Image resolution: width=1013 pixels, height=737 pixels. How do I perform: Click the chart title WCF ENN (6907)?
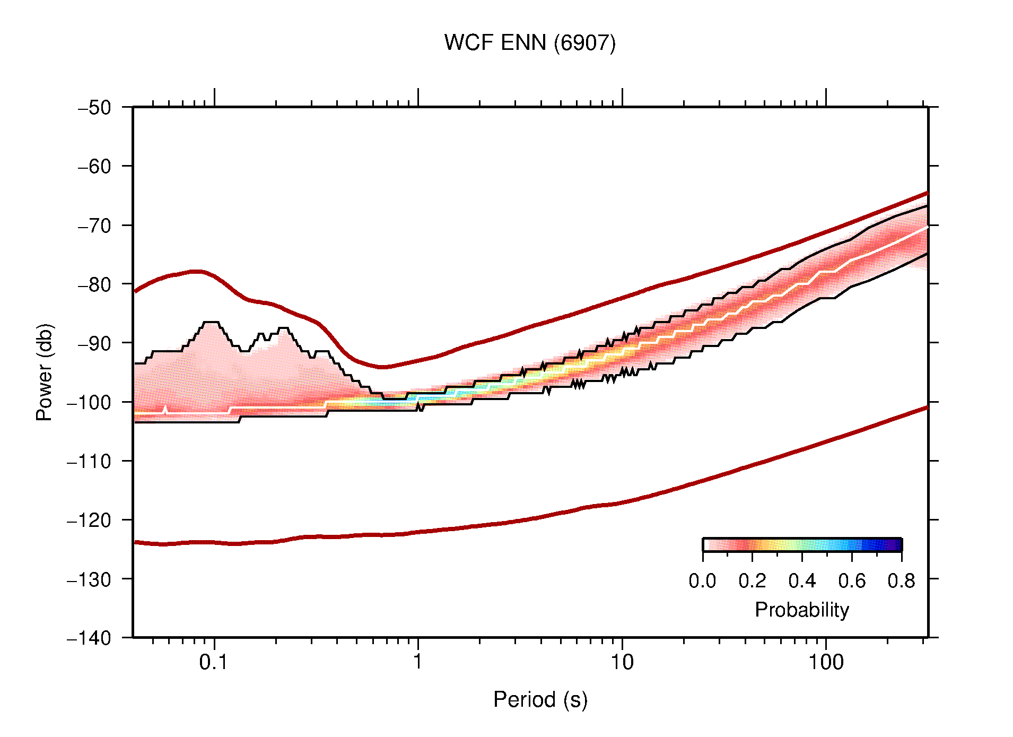click(x=530, y=43)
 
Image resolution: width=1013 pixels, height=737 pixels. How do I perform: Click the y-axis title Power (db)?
click(x=45, y=372)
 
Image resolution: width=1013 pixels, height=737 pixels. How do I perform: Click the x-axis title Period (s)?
click(x=540, y=700)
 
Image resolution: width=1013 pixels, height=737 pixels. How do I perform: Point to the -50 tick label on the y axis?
click(x=94, y=108)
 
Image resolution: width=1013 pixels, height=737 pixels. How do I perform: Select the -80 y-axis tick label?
click(x=94, y=284)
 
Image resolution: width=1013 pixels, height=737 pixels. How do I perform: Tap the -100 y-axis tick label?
click(x=89, y=402)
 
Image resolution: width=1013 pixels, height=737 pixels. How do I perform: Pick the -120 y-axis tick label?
click(x=89, y=520)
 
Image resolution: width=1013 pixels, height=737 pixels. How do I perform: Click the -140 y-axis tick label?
click(x=89, y=638)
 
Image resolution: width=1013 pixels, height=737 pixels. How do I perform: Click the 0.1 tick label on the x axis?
click(x=213, y=662)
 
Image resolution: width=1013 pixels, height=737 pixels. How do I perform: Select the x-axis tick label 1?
click(x=418, y=662)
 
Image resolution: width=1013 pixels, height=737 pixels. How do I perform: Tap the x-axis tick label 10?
click(x=622, y=662)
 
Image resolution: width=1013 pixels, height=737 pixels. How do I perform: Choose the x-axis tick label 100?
click(x=825, y=662)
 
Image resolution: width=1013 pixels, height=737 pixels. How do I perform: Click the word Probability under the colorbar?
click(x=801, y=610)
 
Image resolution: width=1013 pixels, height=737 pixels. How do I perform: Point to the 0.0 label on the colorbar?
click(x=702, y=581)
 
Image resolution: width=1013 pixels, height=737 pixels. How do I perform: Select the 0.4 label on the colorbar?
click(x=802, y=581)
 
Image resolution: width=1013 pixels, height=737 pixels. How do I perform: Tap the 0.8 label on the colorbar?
click(x=901, y=581)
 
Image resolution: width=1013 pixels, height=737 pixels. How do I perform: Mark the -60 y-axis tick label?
click(x=94, y=167)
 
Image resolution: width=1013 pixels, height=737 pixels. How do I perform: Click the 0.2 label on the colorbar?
click(x=752, y=581)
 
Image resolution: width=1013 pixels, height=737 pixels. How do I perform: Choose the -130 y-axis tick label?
click(x=89, y=579)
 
